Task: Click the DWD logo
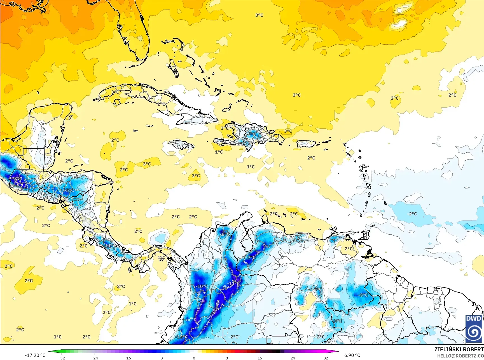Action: (474, 328)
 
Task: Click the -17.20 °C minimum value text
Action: (35, 355)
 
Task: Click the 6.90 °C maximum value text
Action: (352, 355)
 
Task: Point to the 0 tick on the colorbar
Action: (194, 358)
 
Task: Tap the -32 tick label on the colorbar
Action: (62, 358)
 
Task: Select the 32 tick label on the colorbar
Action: (326, 358)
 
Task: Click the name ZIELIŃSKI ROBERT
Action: (459, 349)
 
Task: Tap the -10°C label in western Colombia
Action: (202, 286)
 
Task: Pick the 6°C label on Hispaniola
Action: (251, 134)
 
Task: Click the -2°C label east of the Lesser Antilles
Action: (412, 214)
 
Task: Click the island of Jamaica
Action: (181, 145)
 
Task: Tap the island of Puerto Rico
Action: (306, 143)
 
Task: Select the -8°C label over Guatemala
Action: (17, 178)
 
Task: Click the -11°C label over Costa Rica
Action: (110, 246)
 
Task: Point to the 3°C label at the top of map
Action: (259, 15)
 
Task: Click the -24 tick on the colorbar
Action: (95, 358)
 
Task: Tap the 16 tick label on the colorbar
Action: (259, 358)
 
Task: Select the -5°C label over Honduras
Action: (69, 190)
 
